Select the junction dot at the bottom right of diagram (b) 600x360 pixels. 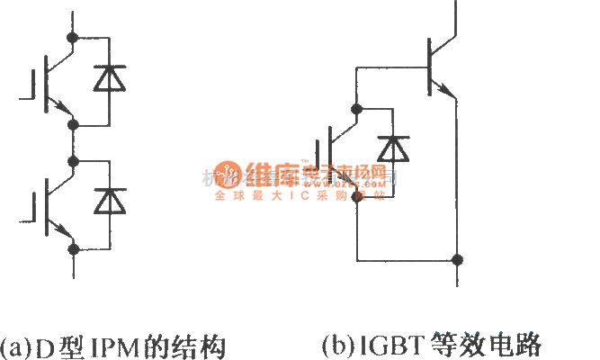(458, 261)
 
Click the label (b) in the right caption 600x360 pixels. (335, 345)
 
